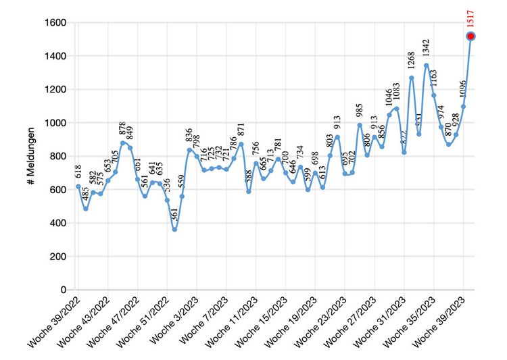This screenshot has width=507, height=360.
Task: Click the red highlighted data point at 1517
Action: [x=470, y=36]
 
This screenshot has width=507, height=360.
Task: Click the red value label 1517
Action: [x=470, y=18]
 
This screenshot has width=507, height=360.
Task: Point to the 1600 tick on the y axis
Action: [x=56, y=23]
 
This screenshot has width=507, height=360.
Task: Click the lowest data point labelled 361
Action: [x=174, y=230]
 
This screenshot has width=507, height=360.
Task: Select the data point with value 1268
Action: [x=411, y=78]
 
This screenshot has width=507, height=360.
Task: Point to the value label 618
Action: [x=78, y=173]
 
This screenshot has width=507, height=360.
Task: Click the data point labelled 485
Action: [x=86, y=209]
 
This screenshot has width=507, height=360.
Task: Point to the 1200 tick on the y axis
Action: [x=56, y=90]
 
